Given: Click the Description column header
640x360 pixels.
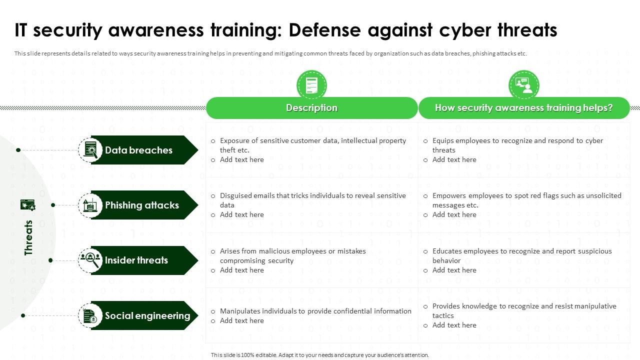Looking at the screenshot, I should [x=311, y=108].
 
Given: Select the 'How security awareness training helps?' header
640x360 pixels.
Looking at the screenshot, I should [x=523, y=108].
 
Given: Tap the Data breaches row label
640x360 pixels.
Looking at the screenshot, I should [x=138, y=150].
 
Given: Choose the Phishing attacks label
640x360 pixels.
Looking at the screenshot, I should [x=141, y=205].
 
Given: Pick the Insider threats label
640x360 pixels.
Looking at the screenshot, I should [x=136, y=260].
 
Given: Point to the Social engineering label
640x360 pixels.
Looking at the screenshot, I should [x=147, y=315].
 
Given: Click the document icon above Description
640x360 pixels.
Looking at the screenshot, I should [x=311, y=84].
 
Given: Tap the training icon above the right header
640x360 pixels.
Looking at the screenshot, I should [x=523, y=84].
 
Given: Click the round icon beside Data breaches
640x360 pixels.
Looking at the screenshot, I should [x=90, y=150].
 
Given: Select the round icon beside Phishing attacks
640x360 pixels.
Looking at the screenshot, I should [x=90, y=205].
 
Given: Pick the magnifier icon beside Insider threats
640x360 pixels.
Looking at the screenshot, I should [x=90, y=260].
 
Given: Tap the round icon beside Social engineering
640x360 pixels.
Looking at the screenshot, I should [x=90, y=315].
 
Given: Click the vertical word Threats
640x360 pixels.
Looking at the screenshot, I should [x=28, y=237].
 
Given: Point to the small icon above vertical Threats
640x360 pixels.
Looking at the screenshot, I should [x=27, y=204].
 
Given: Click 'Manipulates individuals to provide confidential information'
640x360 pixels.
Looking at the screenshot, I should [x=315, y=311].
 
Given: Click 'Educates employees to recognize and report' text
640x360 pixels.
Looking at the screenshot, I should [x=522, y=251].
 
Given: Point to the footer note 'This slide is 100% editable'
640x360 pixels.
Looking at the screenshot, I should [x=320, y=355].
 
